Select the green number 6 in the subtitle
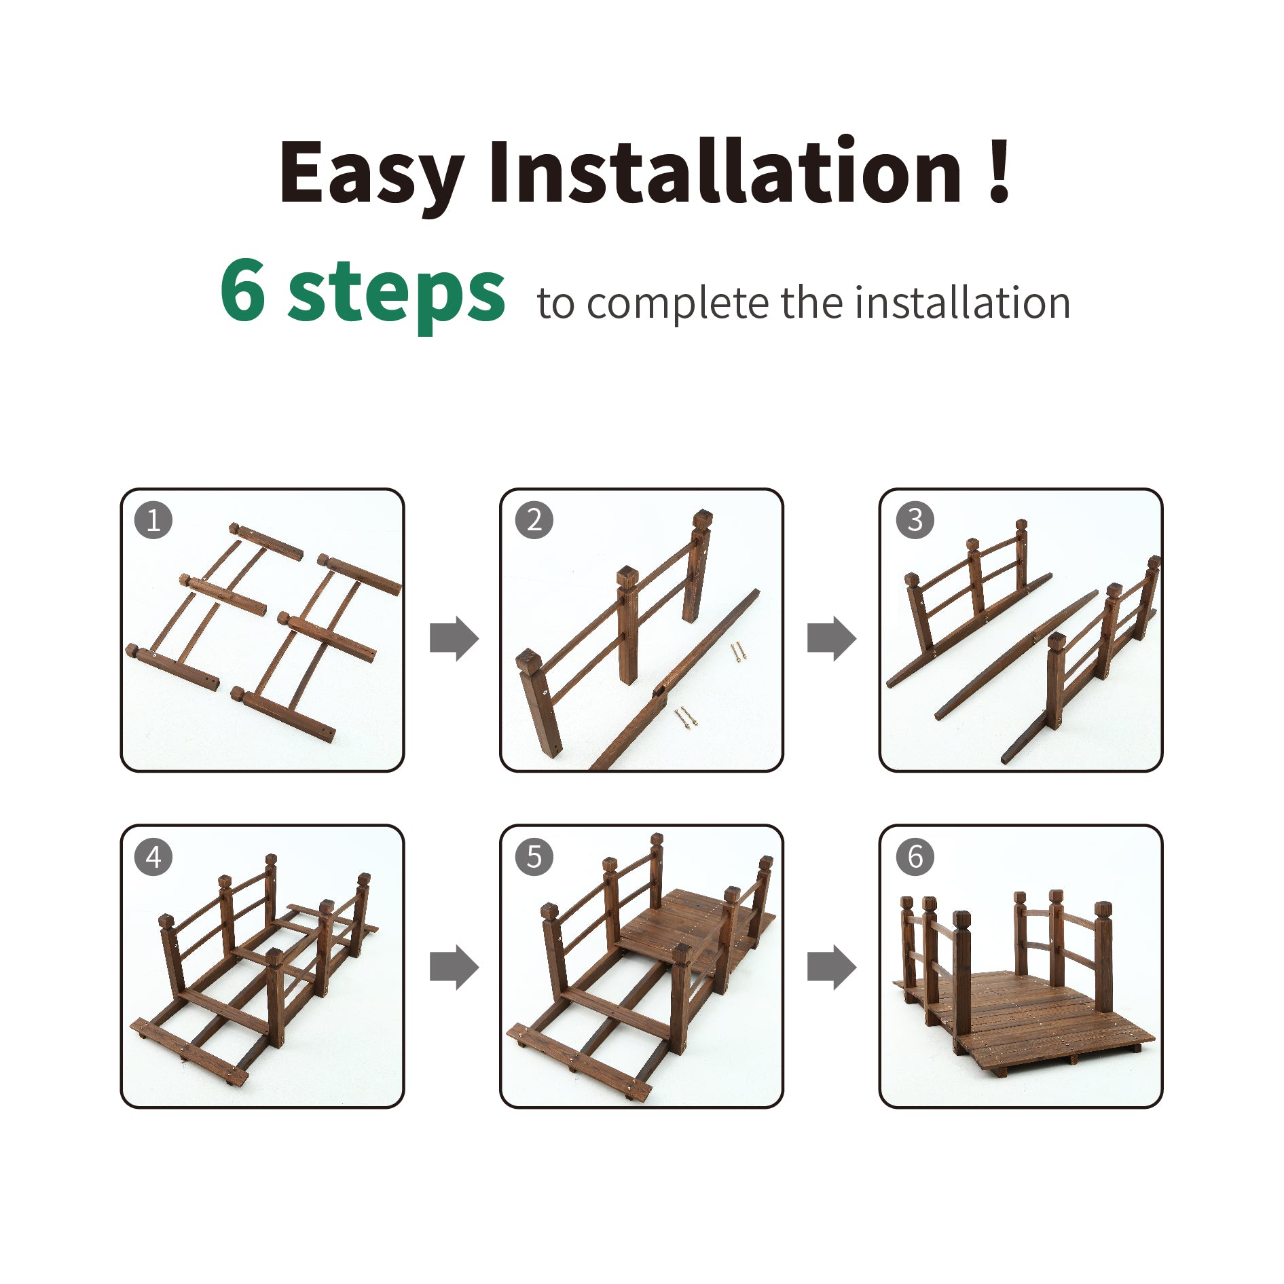(x=242, y=291)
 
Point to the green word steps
(x=397, y=295)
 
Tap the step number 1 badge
(x=153, y=520)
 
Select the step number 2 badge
(x=534, y=520)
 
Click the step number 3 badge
(x=915, y=520)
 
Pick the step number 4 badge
(x=153, y=857)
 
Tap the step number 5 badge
(x=534, y=857)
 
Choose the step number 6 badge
(x=915, y=857)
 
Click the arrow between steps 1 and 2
(x=454, y=638)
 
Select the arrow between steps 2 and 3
(x=832, y=638)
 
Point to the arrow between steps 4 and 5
(x=454, y=967)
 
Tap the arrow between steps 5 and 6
(x=832, y=967)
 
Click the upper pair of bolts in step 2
(x=738, y=653)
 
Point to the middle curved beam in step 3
(x=1016, y=655)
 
